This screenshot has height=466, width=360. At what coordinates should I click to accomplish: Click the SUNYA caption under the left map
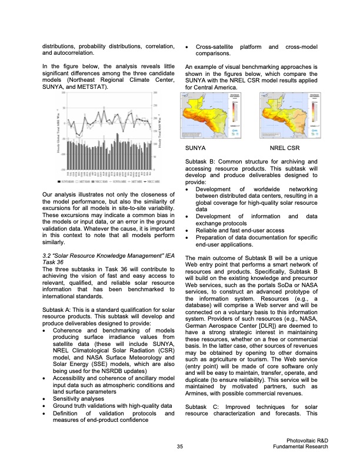[x=195, y=149]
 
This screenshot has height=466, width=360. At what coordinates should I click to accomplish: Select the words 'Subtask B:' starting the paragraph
[x=200, y=161]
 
